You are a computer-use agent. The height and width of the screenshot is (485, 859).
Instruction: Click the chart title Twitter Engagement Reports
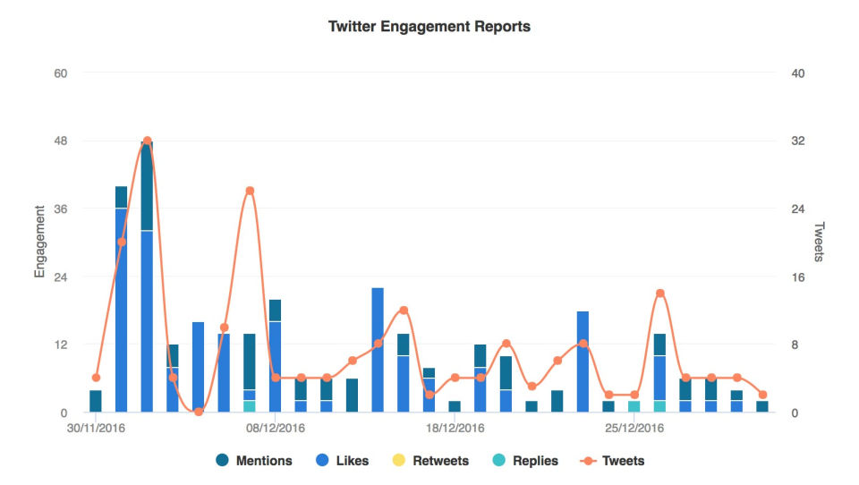click(x=429, y=27)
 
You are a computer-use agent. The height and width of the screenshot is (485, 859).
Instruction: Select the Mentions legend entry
click(x=254, y=461)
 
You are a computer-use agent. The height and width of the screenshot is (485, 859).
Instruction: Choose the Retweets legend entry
click(x=429, y=461)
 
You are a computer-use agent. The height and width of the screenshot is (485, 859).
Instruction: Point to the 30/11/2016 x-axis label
click(x=97, y=429)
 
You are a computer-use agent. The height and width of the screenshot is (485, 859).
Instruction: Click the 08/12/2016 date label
click(x=276, y=429)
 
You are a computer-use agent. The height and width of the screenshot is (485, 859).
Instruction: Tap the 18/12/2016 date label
click(x=455, y=429)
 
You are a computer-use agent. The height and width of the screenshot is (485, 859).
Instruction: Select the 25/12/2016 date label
click(x=634, y=429)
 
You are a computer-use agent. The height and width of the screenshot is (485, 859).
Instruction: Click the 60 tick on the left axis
click(x=61, y=72)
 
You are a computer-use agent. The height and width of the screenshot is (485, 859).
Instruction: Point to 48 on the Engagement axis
click(x=61, y=140)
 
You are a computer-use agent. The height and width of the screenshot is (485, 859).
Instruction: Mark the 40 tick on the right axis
click(x=799, y=72)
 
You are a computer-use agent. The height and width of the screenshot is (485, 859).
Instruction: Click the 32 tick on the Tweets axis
click(x=799, y=140)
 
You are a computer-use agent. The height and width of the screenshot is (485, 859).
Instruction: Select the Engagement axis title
click(x=39, y=242)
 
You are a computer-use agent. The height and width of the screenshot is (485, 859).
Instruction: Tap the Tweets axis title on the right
click(x=818, y=242)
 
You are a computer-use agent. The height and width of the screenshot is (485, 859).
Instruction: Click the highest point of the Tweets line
click(x=147, y=140)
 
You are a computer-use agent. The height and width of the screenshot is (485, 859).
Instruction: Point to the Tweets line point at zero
click(x=199, y=412)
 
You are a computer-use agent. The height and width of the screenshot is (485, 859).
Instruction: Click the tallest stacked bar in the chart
click(x=147, y=277)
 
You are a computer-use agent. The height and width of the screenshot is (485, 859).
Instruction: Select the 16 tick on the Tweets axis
click(x=799, y=277)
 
